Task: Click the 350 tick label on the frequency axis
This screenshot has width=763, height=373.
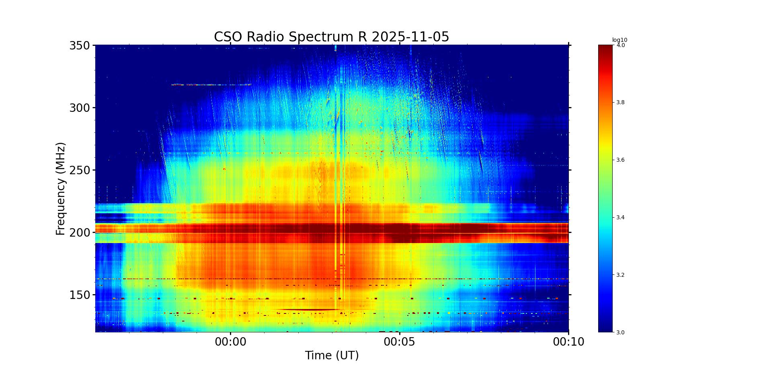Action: click(x=79, y=45)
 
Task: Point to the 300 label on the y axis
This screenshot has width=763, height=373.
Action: click(x=79, y=108)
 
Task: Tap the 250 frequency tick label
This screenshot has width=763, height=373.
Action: click(x=79, y=170)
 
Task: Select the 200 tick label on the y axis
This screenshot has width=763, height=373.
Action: click(x=79, y=233)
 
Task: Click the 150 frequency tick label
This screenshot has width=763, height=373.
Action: click(x=79, y=295)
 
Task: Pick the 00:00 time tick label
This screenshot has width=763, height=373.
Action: click(x=230, y=342)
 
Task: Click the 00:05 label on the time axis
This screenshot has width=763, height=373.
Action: click(x=400, y=342)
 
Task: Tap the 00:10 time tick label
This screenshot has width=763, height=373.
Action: click(x=568, y=342)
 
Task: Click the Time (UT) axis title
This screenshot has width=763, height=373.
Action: click(x=332, y=356)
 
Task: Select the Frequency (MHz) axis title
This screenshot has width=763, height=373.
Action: click(x=61, y=188)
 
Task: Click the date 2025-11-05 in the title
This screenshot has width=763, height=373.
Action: click(x=410, y=37)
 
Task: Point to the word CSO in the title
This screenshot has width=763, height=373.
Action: click(x=228, y=37)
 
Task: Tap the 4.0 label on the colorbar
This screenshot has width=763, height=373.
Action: click(x=621, y=45)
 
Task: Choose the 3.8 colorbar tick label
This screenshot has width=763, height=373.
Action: click(x=621, y=103)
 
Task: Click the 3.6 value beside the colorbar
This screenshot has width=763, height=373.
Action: click(x=621, y=160)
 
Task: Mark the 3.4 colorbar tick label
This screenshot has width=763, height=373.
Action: click(x=621, y=218)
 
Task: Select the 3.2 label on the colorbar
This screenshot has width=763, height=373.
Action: click(x=621, y=275)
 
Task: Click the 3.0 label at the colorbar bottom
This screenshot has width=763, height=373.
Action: click(x=621, y=332)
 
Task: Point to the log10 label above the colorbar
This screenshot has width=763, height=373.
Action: click(x=619, y=40)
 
